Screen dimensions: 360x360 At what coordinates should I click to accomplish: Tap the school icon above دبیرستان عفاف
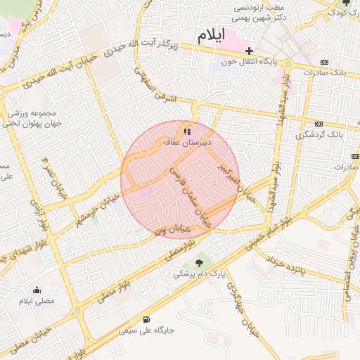click(x=186, y=131)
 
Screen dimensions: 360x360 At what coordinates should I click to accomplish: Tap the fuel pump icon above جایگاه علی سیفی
click(x=146, y=319)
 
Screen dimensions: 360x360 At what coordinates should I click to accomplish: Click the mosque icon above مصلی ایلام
click(x=38, y=290)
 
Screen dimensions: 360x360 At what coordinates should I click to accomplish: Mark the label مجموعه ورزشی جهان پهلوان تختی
click(x=35, y=117)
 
